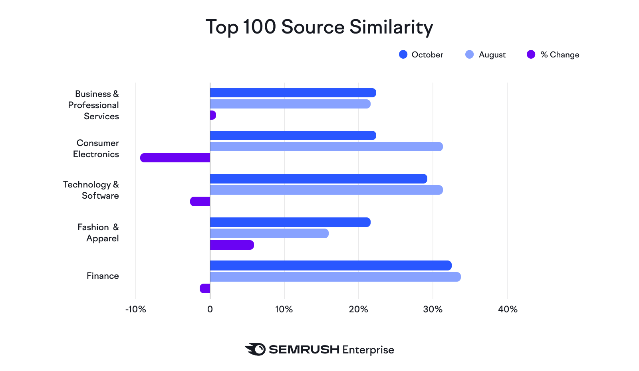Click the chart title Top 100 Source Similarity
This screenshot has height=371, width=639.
tap(319, 27)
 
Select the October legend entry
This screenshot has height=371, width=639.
tap(421, 55)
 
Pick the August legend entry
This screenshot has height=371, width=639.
tap(486, 55)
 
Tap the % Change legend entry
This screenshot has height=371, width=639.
tap(553, 55)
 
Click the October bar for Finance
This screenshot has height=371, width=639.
tap(331, 266)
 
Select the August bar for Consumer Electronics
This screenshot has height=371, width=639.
tap(326, 147)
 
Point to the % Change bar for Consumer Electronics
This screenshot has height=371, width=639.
tap(175, 158)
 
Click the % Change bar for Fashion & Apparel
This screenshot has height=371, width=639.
tap(232, 245)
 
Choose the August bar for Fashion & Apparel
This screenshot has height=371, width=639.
tap(269, 233)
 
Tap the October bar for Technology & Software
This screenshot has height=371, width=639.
tap(318, 179)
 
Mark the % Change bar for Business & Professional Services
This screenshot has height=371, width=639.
tap(213, 115)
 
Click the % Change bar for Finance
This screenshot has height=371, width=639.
tap(205, 288)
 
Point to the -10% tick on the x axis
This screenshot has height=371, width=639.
tap(136, 309)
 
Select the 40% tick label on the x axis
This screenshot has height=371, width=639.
tap(508, 309)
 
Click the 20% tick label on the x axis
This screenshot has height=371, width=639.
tap(358, 309)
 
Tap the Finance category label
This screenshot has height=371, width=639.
tap(103, 276)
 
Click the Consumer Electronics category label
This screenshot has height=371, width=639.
tap(96, 148)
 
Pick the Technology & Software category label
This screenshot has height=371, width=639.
tap(91, 190)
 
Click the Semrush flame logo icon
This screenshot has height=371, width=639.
tap(255, 349)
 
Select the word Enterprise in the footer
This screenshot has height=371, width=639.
tap(368, 350)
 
